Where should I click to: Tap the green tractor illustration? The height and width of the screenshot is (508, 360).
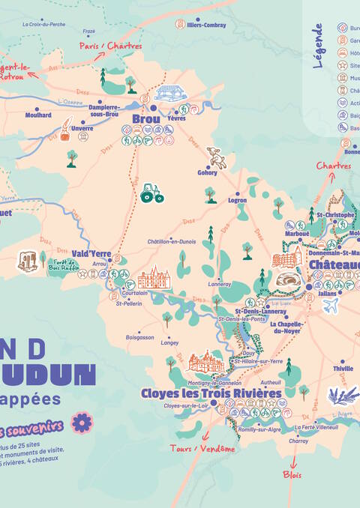tap(151, 193)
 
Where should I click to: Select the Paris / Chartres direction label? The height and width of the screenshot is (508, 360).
tap(111, 46)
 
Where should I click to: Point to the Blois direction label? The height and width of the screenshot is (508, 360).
tap(292, 474)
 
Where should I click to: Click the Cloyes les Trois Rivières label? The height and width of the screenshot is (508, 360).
tap(211, 393)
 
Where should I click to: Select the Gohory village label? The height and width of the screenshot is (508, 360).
tap(208, 172)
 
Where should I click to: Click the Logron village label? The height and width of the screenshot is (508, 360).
tap(238, 201)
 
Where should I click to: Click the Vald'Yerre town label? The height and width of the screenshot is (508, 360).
tap(91, 253)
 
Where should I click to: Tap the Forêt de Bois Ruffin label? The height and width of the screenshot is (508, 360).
tap(64, 263)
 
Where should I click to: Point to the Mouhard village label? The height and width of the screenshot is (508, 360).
tap(38, 115)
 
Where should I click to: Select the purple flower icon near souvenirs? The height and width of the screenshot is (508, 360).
tap(81, 423)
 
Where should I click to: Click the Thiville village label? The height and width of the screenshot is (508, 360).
tap(343, 369)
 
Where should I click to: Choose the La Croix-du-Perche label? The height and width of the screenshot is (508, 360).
tap(44, 24)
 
